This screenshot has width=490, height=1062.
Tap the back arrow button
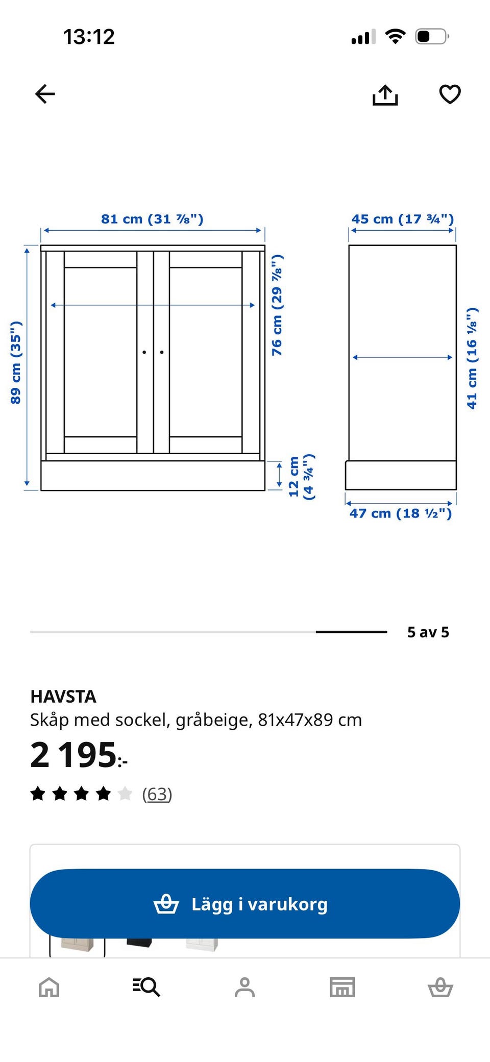tap(45, 94)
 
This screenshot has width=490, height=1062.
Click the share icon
tap(385, 95)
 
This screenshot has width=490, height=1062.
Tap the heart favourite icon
tap(450, 94)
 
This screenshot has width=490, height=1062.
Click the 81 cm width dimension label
tap(152, 219)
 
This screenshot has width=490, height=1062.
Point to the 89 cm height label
tap(16, 363)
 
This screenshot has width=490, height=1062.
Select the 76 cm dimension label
tap(277, 305)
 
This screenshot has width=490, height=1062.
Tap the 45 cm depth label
tap(402, 219)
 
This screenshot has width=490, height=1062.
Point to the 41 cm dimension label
tap(472, 358)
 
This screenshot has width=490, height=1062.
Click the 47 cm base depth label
tap(401, 513)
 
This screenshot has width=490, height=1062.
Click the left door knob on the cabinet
tap(144, 352)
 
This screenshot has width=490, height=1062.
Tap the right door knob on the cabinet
tap(162, 352)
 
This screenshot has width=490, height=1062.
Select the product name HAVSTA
tap(63, 697)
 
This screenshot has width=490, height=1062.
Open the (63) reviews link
tap(157, 794)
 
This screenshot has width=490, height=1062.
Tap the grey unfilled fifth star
tap(125, 794)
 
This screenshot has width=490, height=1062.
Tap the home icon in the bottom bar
tap(49, 987)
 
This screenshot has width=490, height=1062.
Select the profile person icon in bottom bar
tap(244, 987)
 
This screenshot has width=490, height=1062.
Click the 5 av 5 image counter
tap(428, 632)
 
